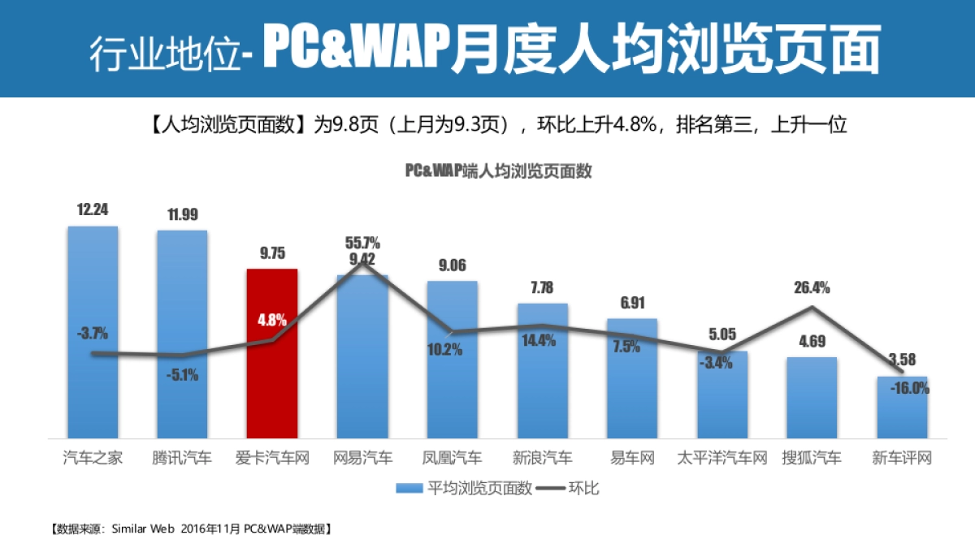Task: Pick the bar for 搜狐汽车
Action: (811, 398)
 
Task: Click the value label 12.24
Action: (93, 209)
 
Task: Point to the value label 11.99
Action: (182, 215)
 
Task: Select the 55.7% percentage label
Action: (362, 243)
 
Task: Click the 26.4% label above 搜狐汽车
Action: (812, 287)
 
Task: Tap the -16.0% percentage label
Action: (909, 388)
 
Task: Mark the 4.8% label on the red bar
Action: (272, 320)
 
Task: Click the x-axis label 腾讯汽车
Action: (182, 459)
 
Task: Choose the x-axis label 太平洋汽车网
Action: (721, 459)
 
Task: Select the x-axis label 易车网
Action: (632, 459)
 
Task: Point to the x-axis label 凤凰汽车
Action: (452, 459)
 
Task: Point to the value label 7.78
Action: (542, 287)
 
